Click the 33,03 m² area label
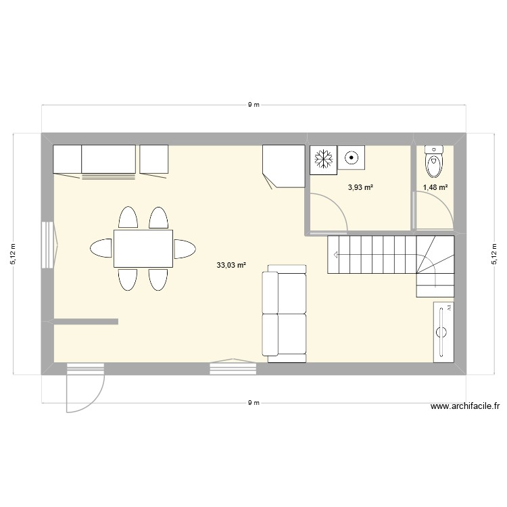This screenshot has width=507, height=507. [x=231, y=266]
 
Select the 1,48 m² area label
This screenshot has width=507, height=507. [x=435, y=188]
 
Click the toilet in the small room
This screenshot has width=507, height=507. [x=433, y=160]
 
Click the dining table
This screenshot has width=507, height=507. [x=143, y=248]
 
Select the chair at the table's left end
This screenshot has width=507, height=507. [x=101, y=248]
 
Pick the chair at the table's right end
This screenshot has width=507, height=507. [x=185, y=248]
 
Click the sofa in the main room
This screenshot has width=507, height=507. [x=283, y=314]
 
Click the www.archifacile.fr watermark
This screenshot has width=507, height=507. [x=464, y=406]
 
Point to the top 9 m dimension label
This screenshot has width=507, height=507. [x=254, y=105]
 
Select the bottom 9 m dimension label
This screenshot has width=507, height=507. [x=254, y=402]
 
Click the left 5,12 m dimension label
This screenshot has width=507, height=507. [x=13, y=254]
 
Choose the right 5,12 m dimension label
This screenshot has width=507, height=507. [x=494, y=254]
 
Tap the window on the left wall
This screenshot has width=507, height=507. [x=49, y=245]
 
